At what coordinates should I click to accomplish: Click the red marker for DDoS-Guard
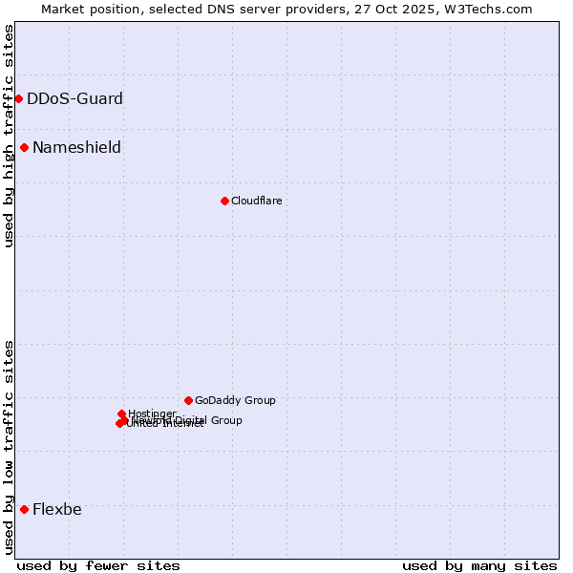point(18,98)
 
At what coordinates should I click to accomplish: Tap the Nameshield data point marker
point(24,147)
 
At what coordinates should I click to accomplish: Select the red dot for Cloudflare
point(224,201)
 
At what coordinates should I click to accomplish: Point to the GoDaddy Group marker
point(188,400)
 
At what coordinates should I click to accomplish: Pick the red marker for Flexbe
point(24,509)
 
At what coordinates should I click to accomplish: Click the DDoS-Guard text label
point(74,98)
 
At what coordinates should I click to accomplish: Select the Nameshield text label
point(76,147)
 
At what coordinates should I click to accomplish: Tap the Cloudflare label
point(256,201)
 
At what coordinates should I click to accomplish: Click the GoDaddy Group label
point(235,400)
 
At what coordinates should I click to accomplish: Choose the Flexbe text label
point(57,509)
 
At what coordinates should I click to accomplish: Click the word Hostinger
point(152,414)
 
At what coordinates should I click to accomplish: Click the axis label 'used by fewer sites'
point(98,565)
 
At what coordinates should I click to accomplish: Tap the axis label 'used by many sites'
point(479,565)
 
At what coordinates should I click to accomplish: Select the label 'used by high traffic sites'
point(9,136)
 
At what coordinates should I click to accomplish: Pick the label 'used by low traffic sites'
point(9,446)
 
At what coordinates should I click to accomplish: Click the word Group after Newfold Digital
point(225,420)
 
